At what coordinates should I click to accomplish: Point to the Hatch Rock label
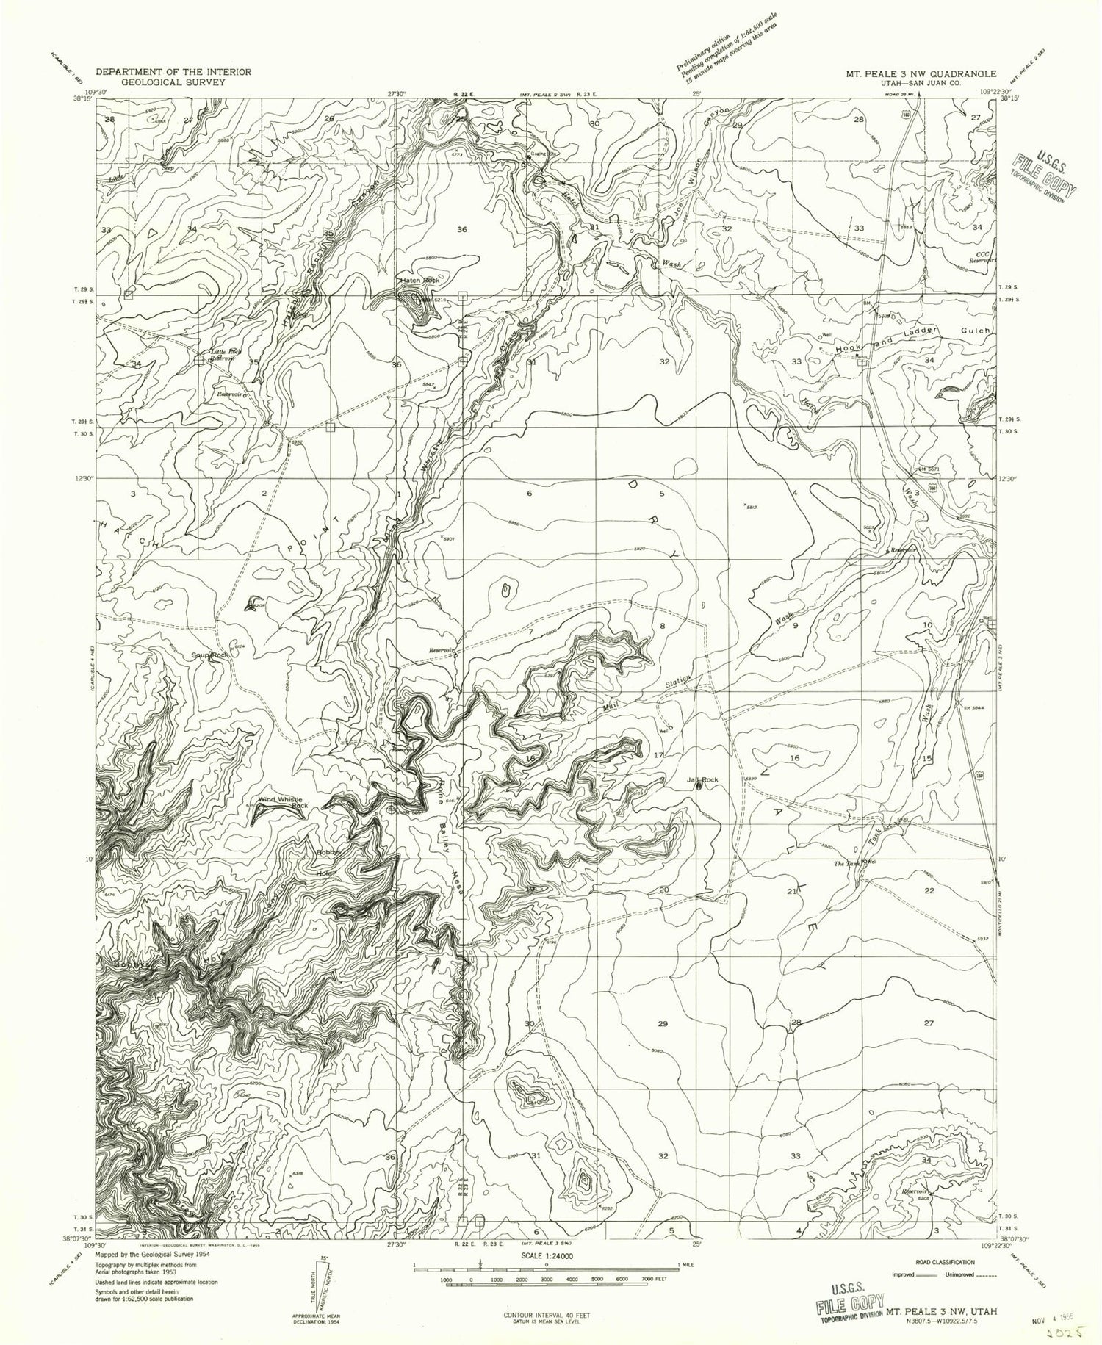[x=419, y=281]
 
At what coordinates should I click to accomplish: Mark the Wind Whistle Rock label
[x=281, y=803]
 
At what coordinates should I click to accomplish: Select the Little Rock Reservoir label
[x=226, y=356]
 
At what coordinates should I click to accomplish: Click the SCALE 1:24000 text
[x=547, y=1255]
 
